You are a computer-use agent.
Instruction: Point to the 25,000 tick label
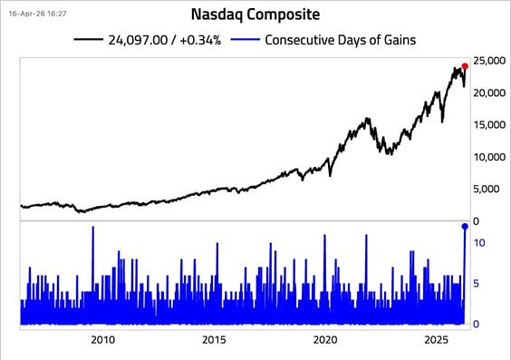pos(489,61)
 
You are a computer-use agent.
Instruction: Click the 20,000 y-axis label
pos(489,92)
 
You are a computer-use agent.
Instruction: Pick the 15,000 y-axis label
pos(489,125)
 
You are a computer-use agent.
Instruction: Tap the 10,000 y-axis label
pos(489,157)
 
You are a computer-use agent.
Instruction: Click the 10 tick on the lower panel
pos(481,243)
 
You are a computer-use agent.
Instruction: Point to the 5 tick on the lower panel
pos(477,284)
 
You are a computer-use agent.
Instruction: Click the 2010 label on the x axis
pos(102,340)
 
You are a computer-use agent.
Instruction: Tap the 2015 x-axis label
pos(214,340)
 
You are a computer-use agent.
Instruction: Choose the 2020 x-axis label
pos(325,340)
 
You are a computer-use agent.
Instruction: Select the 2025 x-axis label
pos(437,340)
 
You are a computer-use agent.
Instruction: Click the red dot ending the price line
pos(465,66)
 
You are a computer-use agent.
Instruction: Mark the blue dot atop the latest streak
pos(465,227)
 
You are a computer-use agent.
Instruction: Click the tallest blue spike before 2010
pos(92,229)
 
